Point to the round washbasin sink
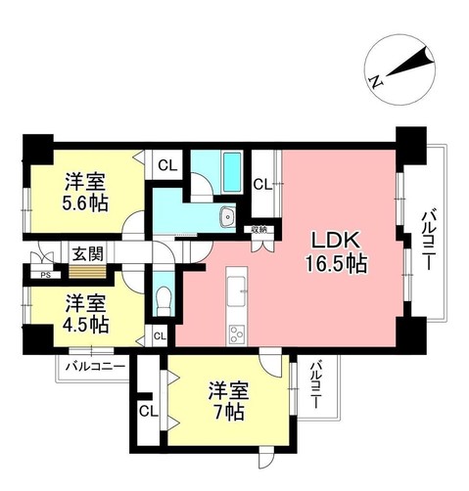(x=227, y=217)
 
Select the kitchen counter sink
(x=238, y=288)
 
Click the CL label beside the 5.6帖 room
(x=166, y=165)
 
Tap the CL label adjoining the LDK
(x=262, y=183)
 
